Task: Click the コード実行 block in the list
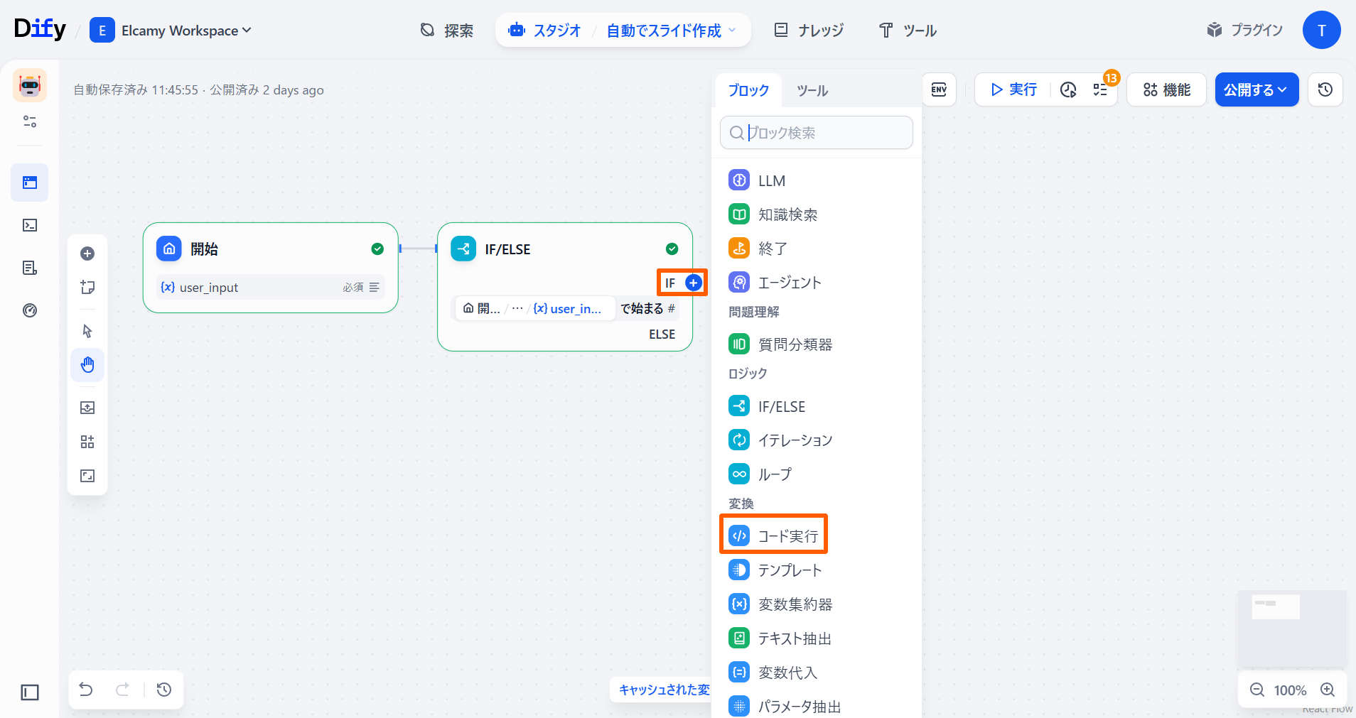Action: [774, 535]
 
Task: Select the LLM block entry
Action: [770, 180]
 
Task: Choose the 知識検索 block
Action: [787, 214]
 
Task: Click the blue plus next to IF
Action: [693, 283]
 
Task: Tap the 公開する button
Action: [1256, 89]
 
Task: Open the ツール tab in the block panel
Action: [812, 90]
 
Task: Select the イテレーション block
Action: [795, 440]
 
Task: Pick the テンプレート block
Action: [789, 570]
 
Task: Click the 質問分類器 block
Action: [795, 344]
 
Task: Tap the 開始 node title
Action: [204, 249]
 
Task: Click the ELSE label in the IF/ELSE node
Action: [662, 334]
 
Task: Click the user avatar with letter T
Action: [1321, 31]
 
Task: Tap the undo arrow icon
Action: [86, 690]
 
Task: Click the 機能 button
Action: [1166, 89]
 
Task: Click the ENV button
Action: [939, 89]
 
